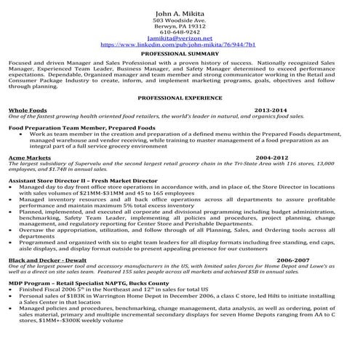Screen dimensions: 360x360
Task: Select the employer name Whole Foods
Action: click(x=28, y=109)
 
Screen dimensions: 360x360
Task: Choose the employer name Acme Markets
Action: click(x=29, y=157)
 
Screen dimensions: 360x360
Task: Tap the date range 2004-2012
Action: click(x=273, y=157)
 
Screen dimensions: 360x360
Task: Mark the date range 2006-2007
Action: click(x=294, y=260)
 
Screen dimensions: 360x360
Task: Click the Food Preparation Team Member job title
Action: click(x=81, y=127)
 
